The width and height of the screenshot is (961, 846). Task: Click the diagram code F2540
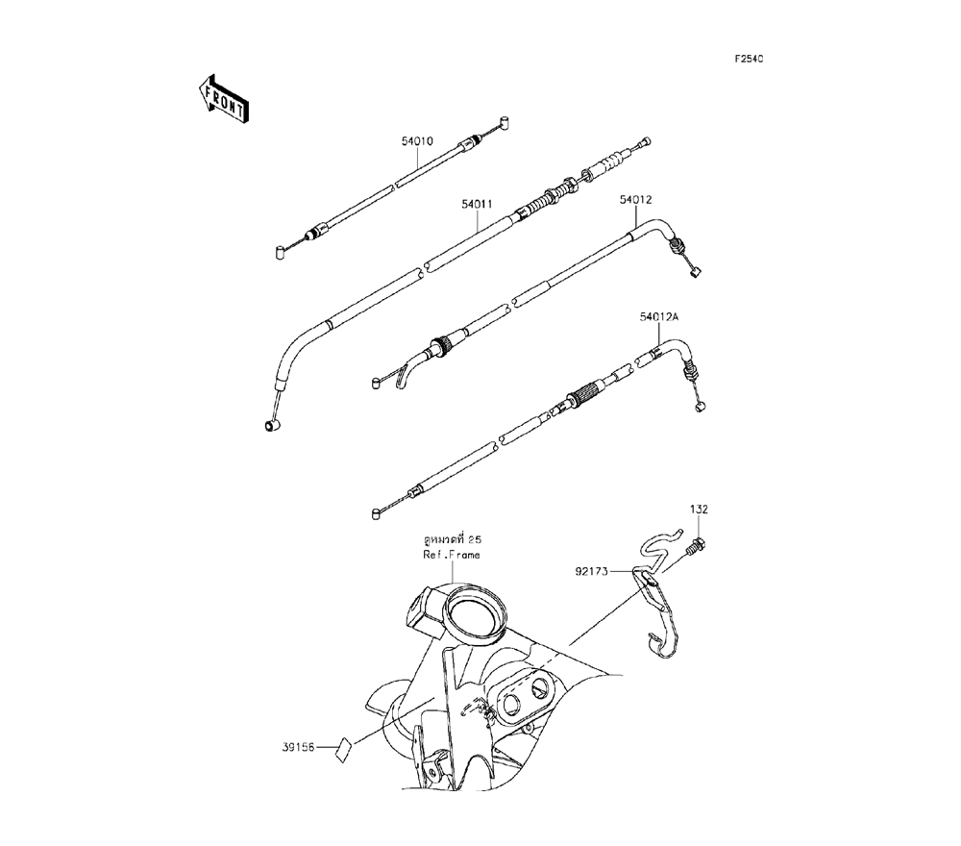(x=749, y=60)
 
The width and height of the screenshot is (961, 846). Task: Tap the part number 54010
(x=417, y=140)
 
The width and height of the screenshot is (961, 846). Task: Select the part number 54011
(x=477, y=204)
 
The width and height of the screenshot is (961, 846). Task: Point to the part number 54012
(x=636, y=200)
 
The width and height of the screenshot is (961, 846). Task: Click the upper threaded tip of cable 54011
(x=645, y=141)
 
